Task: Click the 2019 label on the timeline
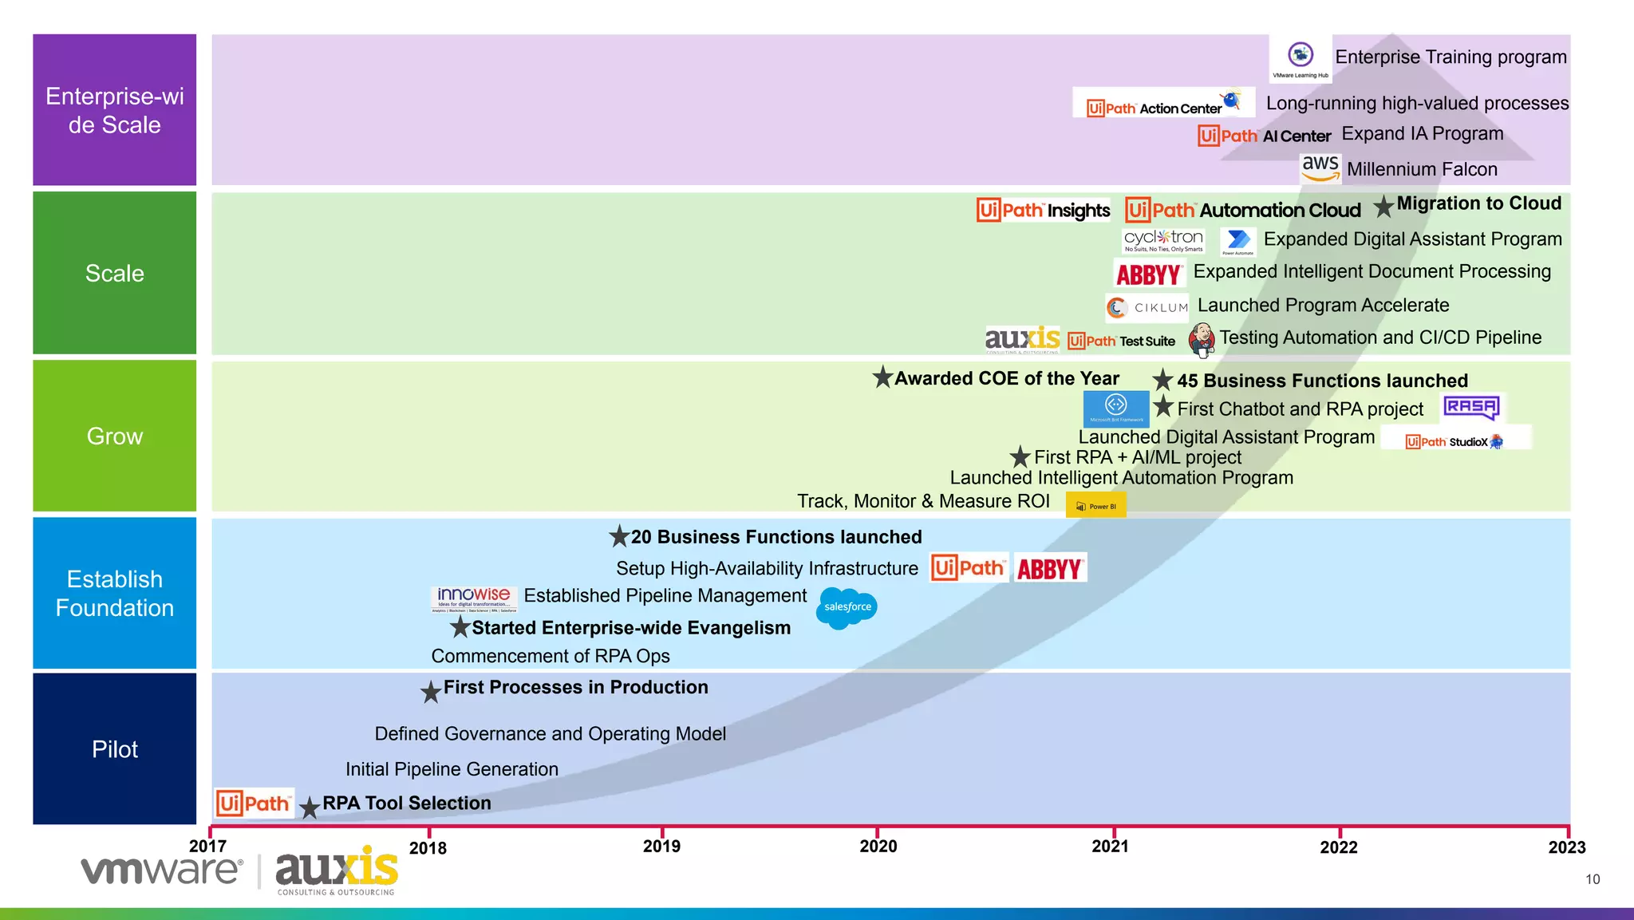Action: tap(661, 846)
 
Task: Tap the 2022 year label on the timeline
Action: tap(1338, 847)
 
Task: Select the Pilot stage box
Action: tap(115, 748)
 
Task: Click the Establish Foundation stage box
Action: tap(115, 593)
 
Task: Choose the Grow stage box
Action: tap(115, 436)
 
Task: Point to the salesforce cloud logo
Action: tap(847, 608)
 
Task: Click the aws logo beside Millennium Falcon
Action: tap(1320, 168)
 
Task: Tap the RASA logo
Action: tap(1471, 407)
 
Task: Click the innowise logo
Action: tap(474, 598)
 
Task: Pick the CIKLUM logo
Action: tap(1147, 307)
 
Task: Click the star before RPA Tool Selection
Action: tap(310, 807)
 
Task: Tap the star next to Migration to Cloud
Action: tap(1383, 207)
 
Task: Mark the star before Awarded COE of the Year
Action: tap(882, 377)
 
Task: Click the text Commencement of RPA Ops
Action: tap(550, 656)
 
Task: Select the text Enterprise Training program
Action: tap(1450, 57)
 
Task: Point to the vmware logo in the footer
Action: tap(160, 871)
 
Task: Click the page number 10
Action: tap(1592, 879)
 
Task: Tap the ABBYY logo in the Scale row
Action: tap(1148, 274)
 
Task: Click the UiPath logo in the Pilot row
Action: tap(254, 803)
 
